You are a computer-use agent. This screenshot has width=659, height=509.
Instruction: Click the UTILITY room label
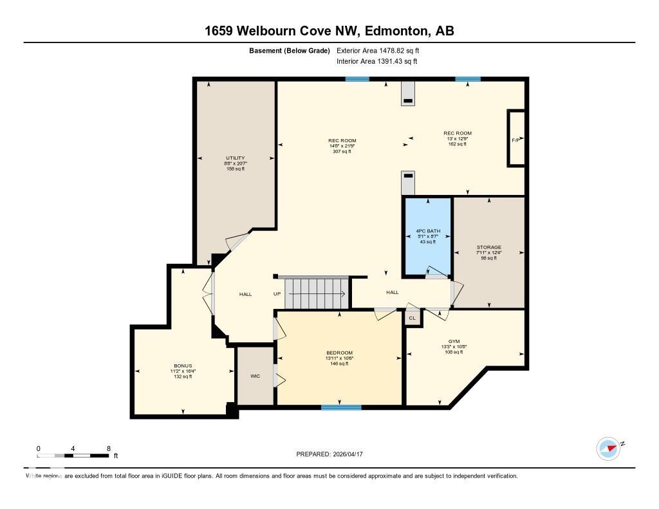point(235,158)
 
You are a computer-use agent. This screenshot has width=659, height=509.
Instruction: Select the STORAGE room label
point(488,247)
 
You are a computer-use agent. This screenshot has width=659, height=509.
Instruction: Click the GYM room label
point(454,342)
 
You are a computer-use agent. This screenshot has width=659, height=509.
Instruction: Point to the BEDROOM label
point(339,353)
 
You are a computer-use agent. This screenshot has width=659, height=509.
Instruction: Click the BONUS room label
point(183,366)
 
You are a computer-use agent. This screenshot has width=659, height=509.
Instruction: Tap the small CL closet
point(412,317)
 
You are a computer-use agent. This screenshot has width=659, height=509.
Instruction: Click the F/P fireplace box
point(515,139)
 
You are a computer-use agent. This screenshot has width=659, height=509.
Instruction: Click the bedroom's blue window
point(341,407)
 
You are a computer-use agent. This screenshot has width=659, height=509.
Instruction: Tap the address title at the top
point(329,31)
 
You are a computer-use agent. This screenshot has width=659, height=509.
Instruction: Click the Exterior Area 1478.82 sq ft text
point(378,50)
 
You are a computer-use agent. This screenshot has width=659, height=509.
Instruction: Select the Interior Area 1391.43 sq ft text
point(376,61)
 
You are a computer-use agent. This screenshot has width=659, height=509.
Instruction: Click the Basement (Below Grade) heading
point(290,50)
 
